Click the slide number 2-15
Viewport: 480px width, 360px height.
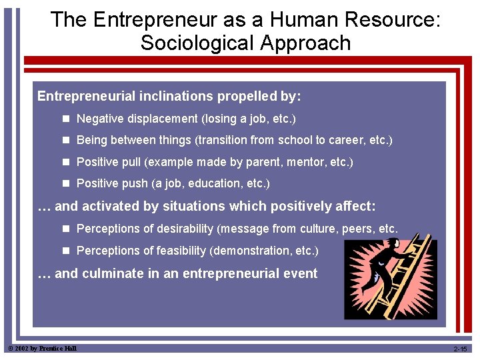[460, 349]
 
